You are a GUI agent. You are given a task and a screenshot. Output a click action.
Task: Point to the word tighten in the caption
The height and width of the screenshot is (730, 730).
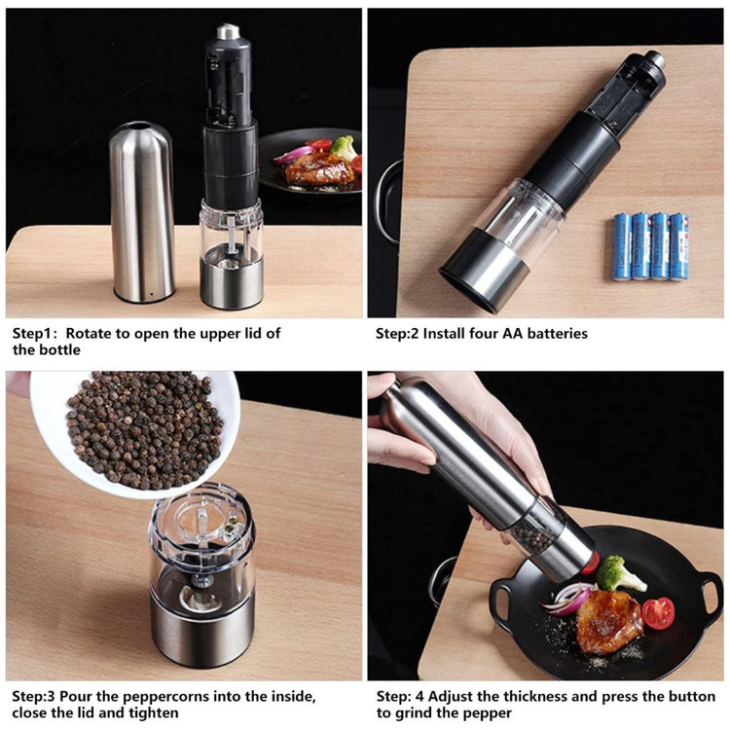(154, 713)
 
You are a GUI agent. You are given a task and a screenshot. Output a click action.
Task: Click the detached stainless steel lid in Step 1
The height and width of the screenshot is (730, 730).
(142, 212)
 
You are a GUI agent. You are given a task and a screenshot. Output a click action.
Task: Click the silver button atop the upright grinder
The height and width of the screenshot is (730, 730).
(228, 31)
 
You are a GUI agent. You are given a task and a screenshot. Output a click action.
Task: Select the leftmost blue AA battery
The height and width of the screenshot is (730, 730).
(623, 247)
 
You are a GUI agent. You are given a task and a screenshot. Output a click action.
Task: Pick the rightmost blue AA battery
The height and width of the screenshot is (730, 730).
(678, 247)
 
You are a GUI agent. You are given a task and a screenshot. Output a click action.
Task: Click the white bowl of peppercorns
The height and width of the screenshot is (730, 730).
(135, 433)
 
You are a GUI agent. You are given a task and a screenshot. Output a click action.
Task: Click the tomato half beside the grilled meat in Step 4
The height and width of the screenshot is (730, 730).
(658, 613)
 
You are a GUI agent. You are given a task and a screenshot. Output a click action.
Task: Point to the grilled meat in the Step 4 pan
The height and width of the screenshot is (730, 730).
(608, 621)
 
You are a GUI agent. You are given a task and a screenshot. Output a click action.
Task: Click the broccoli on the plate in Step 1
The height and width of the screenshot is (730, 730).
(344, 147)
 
